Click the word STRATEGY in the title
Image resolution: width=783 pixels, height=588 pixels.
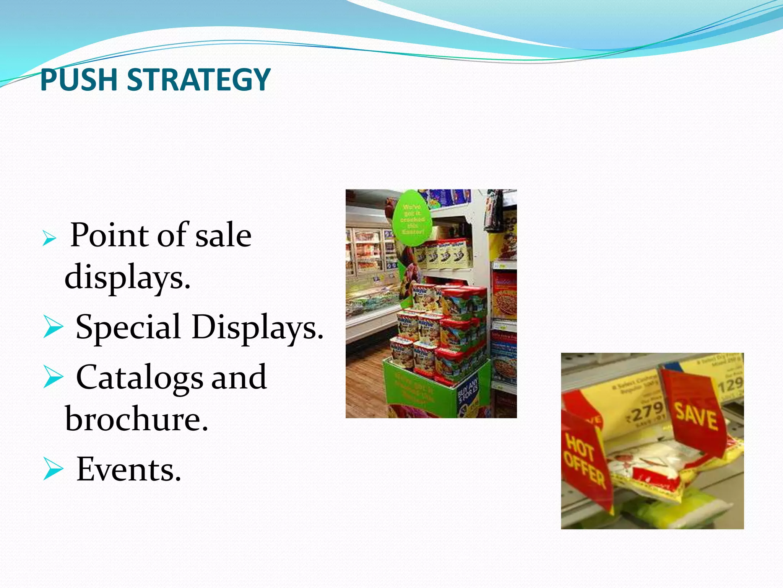(x=198, y=80)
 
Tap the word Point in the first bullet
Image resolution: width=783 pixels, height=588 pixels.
(x=110, y=235)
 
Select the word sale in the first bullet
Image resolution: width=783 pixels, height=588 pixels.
(x=223, y=235)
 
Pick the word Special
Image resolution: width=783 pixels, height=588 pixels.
(x=128, y=327)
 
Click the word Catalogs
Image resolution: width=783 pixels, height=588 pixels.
(x=140, y=377)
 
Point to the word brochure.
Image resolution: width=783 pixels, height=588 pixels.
(x=136, y=419)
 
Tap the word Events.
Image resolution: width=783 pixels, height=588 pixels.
(x=128, y=469)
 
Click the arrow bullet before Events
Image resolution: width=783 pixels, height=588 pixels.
(x=53, y=469)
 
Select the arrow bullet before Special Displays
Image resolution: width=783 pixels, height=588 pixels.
(x=53, y=327)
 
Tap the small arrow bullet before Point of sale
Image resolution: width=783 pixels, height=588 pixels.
(x=49, y=238)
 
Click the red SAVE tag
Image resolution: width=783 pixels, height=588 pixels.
(x=695, y=415)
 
